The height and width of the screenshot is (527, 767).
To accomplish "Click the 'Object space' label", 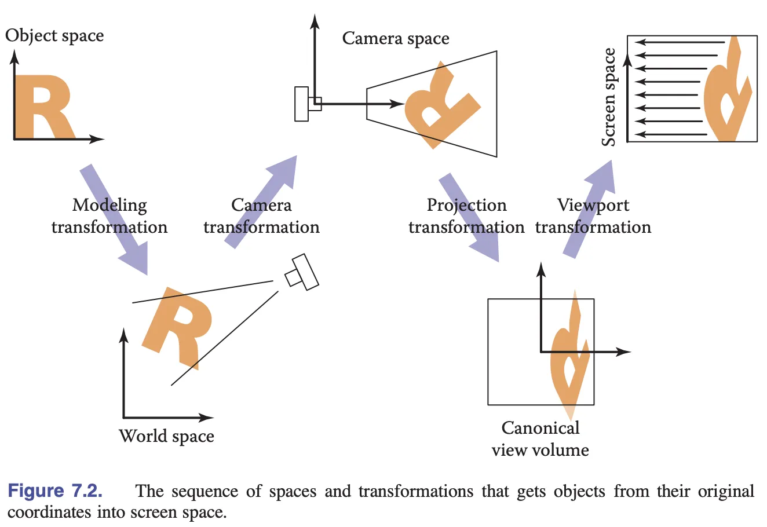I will [54, 36].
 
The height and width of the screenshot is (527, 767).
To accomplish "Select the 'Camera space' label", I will [396, 39].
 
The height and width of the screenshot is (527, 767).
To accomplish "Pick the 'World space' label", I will [166, 436].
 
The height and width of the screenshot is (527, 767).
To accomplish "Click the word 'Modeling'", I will [109, 205].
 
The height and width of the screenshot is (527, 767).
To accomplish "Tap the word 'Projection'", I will [466, 205].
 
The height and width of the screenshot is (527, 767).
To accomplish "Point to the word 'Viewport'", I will [593, 205].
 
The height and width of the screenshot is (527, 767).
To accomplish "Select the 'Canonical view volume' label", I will [540, 439].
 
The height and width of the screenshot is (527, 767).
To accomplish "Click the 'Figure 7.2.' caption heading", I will [55, 491].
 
